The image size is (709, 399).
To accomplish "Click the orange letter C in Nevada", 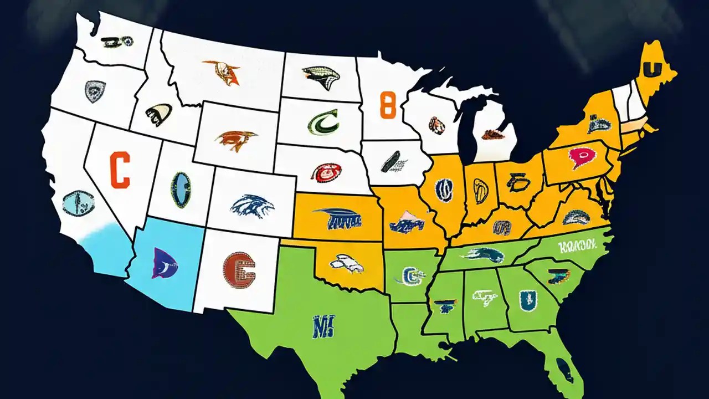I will pyautogui.click(x=120, y=171).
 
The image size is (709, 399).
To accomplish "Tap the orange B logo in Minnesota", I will pyautogui.click(x=389, y=105).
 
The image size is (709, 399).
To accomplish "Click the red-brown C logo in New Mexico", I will pyautogui.click(x=239, y=270).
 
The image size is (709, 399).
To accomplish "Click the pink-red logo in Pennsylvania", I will pyautogui.click(x=578, y=159).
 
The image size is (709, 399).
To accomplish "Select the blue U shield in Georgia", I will pyautogui.click(x=525, y=300).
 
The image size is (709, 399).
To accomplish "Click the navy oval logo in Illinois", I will pyautogui.click(x=444, y=189).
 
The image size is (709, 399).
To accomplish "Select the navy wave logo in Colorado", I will pyautogui.click(x=252, y=206).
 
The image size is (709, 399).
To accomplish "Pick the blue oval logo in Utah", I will pyautogui.click(x=180, y=190).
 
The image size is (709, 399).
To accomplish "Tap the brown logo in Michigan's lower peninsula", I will pyautogui.click(x=492, y=134).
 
